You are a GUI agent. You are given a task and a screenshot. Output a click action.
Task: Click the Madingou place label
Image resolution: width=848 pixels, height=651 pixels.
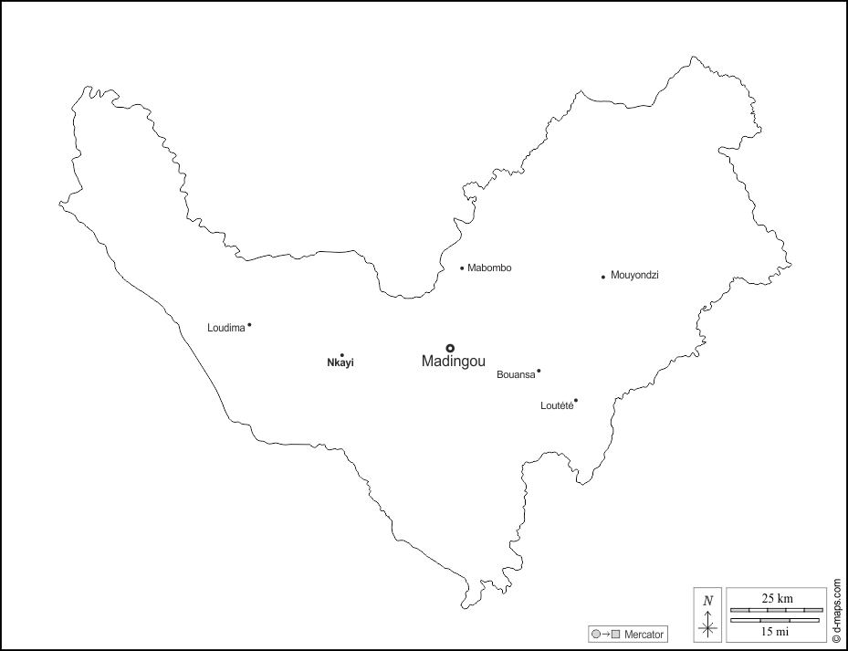[454, 362]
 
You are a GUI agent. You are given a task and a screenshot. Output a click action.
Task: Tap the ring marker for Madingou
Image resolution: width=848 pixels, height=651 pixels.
[450, 348]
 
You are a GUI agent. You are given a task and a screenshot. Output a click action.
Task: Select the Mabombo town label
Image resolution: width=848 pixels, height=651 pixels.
[489, 268]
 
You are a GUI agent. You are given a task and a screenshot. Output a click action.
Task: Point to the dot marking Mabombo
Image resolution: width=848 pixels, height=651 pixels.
[462, 268]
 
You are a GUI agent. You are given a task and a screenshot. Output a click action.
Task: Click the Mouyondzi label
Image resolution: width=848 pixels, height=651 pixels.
[634, 275]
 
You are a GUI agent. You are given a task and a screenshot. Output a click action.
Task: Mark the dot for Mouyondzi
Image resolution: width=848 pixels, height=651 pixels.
[603, 277]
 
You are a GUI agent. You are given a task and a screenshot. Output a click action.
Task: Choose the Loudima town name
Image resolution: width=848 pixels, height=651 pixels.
[226, 328]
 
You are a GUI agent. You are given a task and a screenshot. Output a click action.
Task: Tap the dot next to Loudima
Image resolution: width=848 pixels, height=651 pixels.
[249, 325]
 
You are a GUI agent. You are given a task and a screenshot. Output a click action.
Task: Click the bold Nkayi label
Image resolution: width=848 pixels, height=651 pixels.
[340, 363]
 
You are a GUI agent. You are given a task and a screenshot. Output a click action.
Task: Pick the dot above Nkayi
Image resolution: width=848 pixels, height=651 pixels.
[341, 355]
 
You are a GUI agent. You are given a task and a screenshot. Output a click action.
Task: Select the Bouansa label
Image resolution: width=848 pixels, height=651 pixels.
[516, 374]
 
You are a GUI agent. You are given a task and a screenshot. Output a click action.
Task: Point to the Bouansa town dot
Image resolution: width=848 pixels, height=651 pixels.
[539, 371]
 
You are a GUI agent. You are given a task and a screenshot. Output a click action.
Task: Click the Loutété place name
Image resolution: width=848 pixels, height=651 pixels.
[557, 405]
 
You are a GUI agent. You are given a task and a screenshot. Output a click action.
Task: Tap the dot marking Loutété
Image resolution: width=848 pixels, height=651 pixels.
[576, 400]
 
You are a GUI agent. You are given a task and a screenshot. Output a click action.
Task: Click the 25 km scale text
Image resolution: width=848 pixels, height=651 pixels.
[778, 598]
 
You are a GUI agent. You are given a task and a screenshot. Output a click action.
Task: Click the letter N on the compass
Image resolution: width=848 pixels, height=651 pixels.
[707, 601]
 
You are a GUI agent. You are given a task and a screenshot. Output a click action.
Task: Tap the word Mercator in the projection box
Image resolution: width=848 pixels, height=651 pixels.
[644, 634]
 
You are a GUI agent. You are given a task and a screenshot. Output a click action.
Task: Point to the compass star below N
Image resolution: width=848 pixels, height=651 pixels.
[707, 625]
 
